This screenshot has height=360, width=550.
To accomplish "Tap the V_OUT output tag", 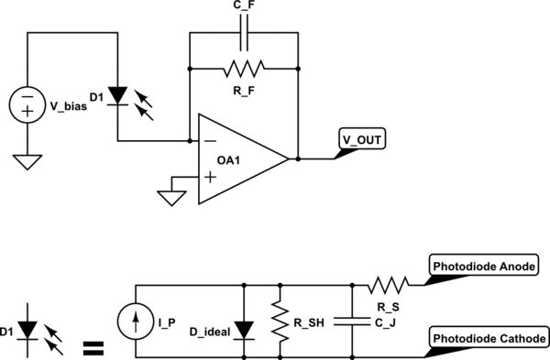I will tap(360, 140).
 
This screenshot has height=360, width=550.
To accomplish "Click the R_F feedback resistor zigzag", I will tap(244, 67).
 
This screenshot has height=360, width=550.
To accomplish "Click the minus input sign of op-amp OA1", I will tap(210, 141).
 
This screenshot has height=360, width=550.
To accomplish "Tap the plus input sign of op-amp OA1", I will tap(210, 178).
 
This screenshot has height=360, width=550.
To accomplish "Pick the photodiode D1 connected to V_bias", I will tap(118, 96).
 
